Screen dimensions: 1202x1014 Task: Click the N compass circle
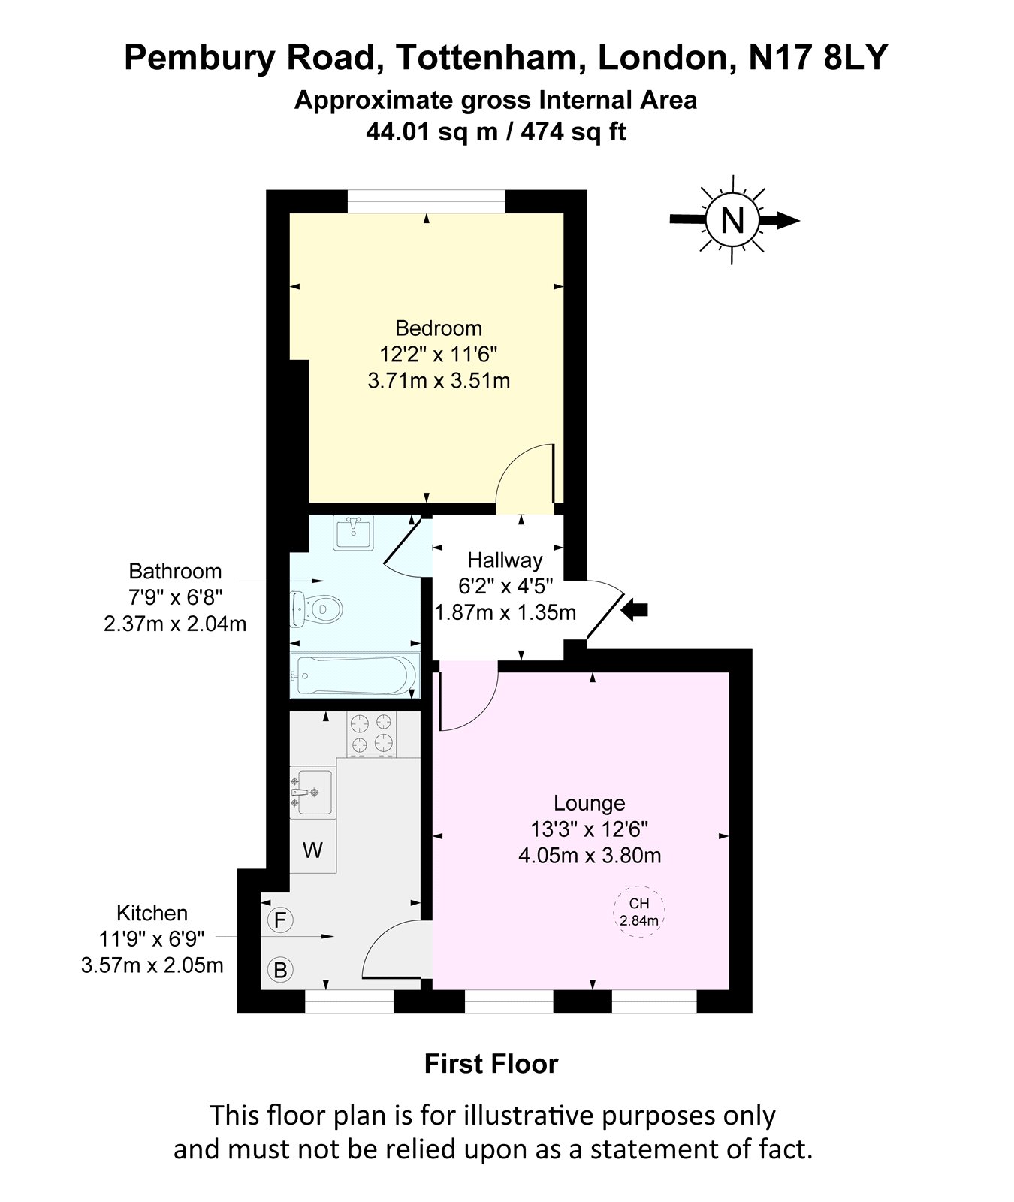(732, 220)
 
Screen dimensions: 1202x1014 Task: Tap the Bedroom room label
(439, 328)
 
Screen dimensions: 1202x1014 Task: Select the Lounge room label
(590, 803)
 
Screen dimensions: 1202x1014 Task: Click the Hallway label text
(505, 560)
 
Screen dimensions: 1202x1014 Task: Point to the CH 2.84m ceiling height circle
(639, 912)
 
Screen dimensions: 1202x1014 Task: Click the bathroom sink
(354, 533)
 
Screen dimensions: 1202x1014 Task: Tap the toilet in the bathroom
(315, 608)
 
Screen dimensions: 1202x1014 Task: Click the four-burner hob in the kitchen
(371, 734)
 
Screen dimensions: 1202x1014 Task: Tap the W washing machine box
(313, 850)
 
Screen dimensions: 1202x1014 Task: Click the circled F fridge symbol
(280, 920)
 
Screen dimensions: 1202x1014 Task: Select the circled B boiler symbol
(280, 971)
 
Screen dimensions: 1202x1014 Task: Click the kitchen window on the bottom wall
(349, 1001)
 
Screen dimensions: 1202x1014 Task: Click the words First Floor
(491, 1064)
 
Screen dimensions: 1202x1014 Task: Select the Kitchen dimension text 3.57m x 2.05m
(152, 965)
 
